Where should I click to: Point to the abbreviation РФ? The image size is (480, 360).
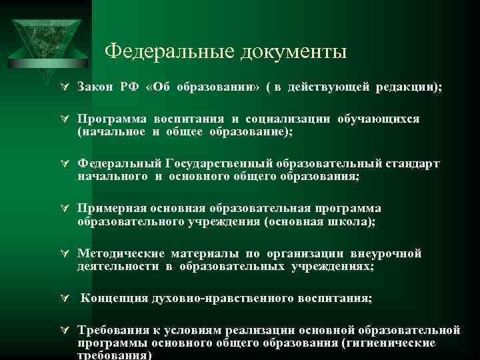click(130, 87)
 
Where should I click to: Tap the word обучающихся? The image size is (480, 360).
click(379, 119)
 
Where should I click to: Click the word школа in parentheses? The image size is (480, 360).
click(351, 221)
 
